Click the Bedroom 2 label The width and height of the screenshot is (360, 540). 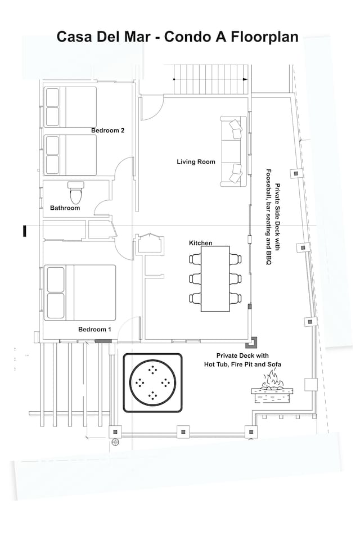(107, 130)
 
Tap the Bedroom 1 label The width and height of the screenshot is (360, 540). (94, 329)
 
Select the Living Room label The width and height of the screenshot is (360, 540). (196, 162)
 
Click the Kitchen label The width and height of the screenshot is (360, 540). (200, 243)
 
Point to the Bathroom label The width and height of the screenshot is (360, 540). (65, 208)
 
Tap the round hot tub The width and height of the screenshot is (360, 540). (152, 382)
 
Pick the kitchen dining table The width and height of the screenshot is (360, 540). (215, 278)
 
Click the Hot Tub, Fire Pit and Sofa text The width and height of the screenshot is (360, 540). (243, 364)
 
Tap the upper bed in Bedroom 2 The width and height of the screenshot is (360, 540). (70, 107)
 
